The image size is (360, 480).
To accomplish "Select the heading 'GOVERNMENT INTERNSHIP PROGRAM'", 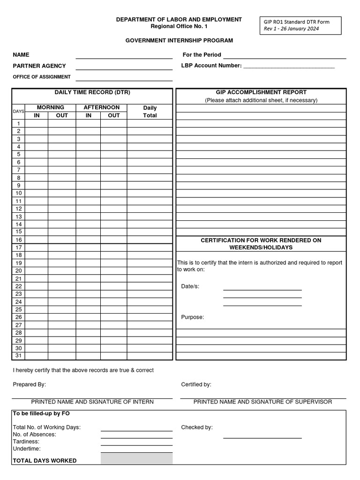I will point(179,41).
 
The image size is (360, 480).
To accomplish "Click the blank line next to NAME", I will point(124,56).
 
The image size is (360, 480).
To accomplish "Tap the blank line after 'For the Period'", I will point(285,55).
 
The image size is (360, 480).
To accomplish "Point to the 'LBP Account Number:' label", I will point(211,66).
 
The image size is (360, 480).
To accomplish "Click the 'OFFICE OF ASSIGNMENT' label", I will point(42,77).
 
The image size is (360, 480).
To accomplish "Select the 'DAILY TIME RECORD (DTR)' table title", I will point(92,92).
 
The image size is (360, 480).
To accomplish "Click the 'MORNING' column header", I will point(50,107).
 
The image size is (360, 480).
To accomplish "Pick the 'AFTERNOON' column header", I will point(101,107).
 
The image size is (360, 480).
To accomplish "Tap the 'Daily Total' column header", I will point(150,112).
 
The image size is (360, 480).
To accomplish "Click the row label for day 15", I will point(19,232).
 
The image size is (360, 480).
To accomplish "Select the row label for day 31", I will point(19,356).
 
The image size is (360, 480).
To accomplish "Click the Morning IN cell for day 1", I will point(37,123).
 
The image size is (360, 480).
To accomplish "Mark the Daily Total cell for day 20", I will point(150,270).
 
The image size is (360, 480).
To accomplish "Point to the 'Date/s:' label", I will point(190,286).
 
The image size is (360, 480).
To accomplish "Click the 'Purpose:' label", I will point(193,317).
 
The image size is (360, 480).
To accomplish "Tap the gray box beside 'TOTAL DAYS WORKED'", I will point(136,458).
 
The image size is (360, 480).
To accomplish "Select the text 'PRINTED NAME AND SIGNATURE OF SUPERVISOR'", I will point(262,402).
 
